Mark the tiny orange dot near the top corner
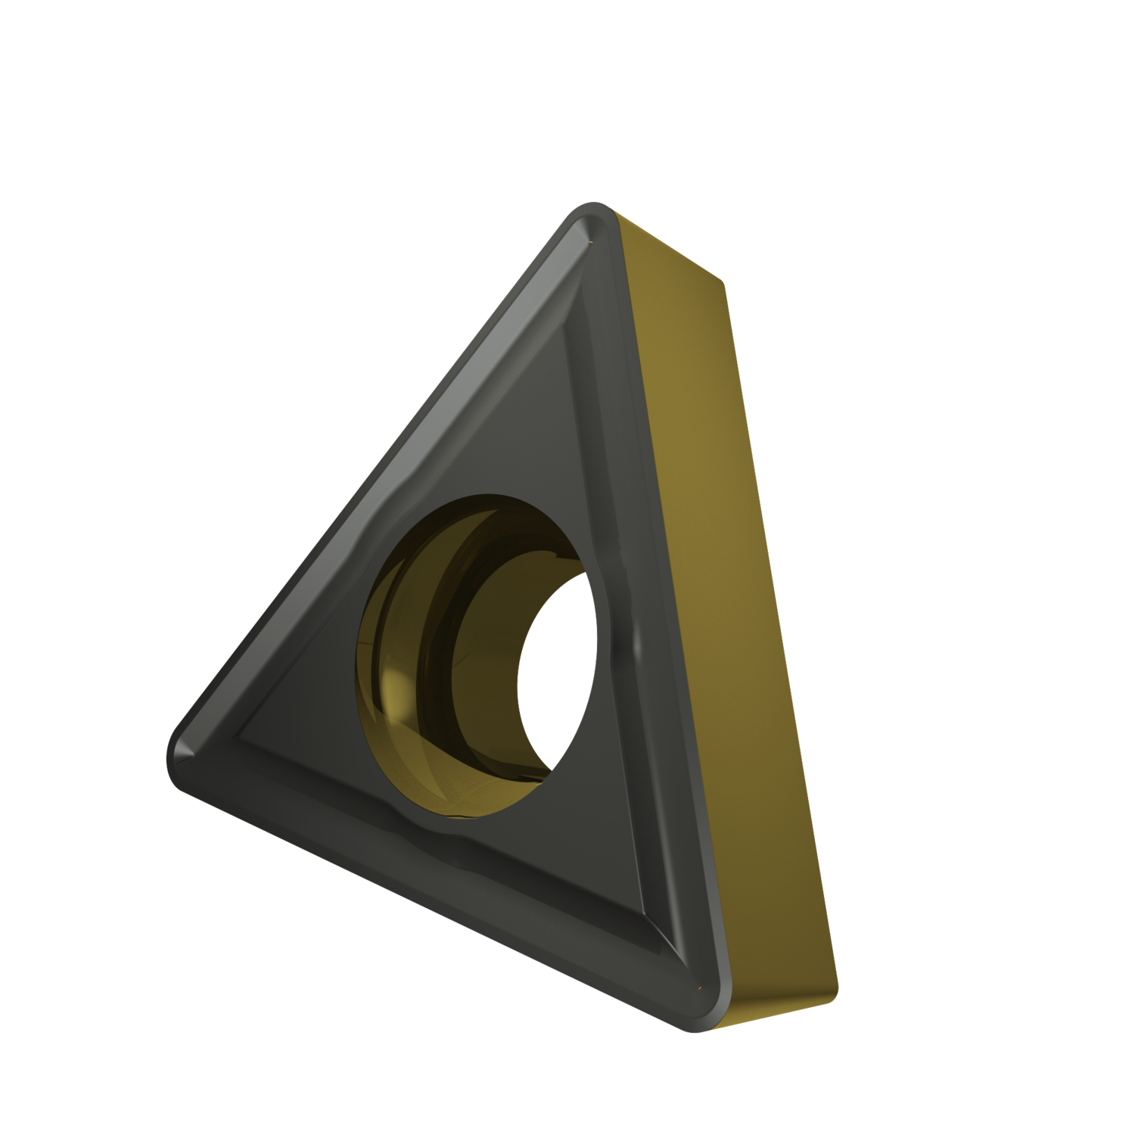[x=589, y=243]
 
